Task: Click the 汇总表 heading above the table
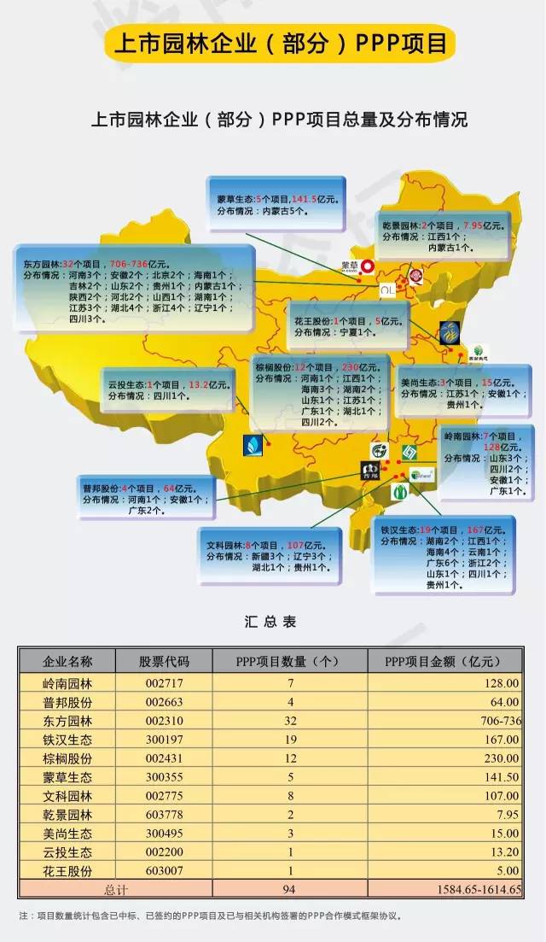(270, 622)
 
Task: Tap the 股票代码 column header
(164, 661)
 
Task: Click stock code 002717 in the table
(164, 682)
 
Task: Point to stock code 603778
(164, 814)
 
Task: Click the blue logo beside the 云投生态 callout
(253, 443)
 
